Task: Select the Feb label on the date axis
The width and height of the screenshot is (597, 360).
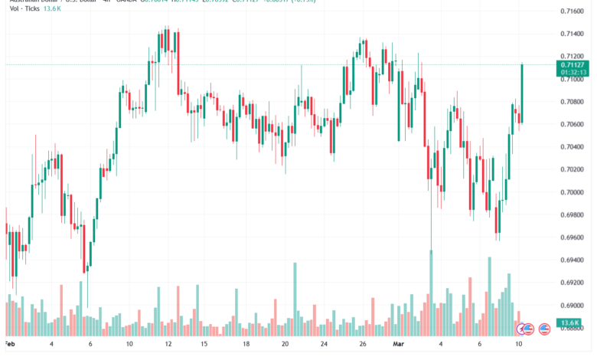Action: (x=10, y=345)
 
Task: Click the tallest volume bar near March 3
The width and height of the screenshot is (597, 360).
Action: (x=431, y=291)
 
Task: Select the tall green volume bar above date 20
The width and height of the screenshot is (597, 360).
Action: (x=294, y=299)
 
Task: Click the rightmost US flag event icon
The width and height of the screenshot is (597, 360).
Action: (x=544, y=329)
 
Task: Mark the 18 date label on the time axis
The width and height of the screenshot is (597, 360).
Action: (x=245, y=345)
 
